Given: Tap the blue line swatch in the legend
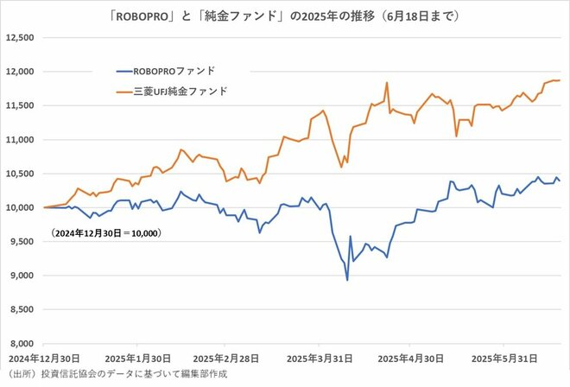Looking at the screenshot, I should [x=125, y=71].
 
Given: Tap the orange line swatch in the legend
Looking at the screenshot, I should [x=125, y=91].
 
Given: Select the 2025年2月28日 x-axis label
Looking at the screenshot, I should [x=227, y=358].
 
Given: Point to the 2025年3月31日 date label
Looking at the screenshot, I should [x=320, y=358].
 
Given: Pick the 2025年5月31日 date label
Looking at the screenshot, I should [x=506, y=358].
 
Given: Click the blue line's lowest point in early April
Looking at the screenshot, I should [x=347, y=280].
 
